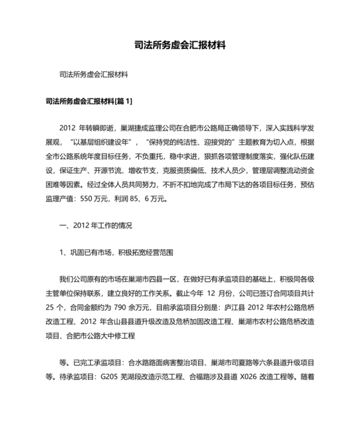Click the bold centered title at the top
click(180, 46)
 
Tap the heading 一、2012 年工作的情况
click(95, 225)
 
